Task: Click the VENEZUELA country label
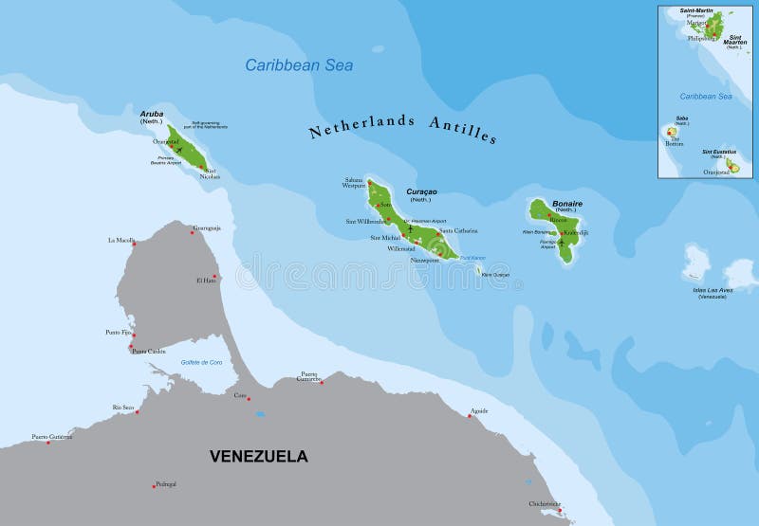coord(258,456)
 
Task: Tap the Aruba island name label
coord(152,114)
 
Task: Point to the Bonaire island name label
coord(567,203)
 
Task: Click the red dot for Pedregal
coord(154,486)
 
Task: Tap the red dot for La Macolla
coord(134,245)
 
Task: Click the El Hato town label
coord(205,280)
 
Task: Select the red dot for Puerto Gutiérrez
coord(48,442)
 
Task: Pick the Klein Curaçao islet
coord(478,270)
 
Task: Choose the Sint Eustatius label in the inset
coord(719,152)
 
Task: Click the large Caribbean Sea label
coord(299,65)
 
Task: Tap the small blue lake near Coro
coord(260,413)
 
